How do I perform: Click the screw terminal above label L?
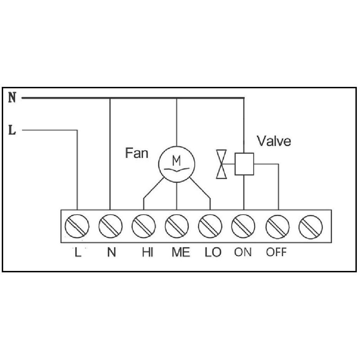pos(77,225)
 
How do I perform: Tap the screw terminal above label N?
pos(111,225)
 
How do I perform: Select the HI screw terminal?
pos(144,225)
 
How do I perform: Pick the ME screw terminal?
pos(177,225)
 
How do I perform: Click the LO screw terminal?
pos(210,225)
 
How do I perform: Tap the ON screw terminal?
pos(244,225)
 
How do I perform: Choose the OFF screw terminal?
pos(277,225)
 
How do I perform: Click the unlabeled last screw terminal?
pos(311,225)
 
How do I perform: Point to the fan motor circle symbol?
pos(177,164)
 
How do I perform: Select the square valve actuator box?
pos(244,164)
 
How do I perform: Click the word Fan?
pos(136,153)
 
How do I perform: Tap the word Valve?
pos(274,141)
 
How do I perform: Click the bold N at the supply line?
pos(13,98)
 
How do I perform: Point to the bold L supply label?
pos(13,131)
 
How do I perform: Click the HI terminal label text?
pos(147,252)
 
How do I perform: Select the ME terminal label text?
pos(181,252)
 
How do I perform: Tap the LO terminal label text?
pos(212,252)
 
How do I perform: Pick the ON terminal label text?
pos(243,252)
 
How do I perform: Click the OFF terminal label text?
pos(276,252)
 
